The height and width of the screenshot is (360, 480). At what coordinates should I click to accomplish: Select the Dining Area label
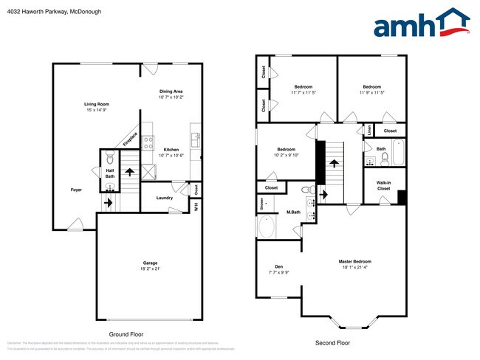(171, 91)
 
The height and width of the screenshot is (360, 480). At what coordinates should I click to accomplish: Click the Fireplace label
(130, 137)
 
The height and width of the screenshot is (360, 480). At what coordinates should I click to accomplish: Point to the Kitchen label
(171, 149)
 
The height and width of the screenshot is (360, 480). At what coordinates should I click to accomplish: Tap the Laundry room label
(165, 197)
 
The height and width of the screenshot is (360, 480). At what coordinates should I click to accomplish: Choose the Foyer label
(76, 190)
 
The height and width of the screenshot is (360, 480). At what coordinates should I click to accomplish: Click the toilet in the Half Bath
(109, 157)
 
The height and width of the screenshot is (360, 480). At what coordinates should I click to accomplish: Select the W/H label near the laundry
(196, 206)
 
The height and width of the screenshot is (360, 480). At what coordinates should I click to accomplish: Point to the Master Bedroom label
(355, 261)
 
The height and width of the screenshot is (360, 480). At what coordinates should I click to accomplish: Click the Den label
(279, 267)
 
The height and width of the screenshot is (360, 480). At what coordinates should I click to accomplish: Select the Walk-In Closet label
(383, 185)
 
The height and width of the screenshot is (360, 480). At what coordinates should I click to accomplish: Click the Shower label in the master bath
(261, 205)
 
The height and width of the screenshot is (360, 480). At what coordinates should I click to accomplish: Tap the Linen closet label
(368, 131)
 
